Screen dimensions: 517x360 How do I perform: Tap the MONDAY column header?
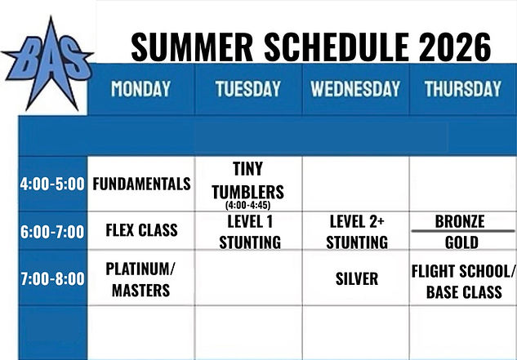140,89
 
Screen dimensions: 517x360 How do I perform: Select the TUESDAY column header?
248,89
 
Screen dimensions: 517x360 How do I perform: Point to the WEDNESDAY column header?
355,89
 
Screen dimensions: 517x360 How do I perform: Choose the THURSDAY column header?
462,89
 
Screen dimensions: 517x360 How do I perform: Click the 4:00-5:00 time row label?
52,184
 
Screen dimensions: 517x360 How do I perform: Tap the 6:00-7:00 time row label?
52,232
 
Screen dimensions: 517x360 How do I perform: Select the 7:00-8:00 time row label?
52,279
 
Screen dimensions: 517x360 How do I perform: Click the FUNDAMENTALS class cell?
141,184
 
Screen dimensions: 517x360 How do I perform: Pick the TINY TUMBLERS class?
248,180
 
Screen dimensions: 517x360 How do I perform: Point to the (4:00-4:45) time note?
248,205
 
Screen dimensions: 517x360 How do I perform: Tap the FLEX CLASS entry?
141,229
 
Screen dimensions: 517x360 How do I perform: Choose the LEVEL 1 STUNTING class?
250,232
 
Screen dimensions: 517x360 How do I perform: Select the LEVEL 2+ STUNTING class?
357,232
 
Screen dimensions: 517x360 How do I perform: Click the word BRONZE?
460,221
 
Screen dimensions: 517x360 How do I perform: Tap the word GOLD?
461,242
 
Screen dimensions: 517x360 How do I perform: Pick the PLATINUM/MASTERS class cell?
140,280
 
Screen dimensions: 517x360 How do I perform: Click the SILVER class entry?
357,279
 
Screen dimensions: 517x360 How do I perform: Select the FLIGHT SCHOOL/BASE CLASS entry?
463,282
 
